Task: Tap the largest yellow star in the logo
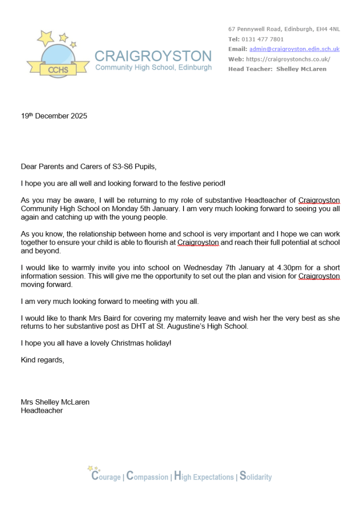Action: click(45, 37)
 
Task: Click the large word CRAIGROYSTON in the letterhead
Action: click(153, 56)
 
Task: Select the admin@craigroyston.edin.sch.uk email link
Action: click(294, 49)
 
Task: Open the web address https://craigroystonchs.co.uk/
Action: click(288, 59)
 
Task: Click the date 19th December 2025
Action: click(54, 116)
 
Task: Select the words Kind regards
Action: click(42, 360)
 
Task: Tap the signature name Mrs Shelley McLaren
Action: click(55, 402)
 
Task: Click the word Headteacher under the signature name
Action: click(41, 410)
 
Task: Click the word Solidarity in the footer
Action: click(255, 476)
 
